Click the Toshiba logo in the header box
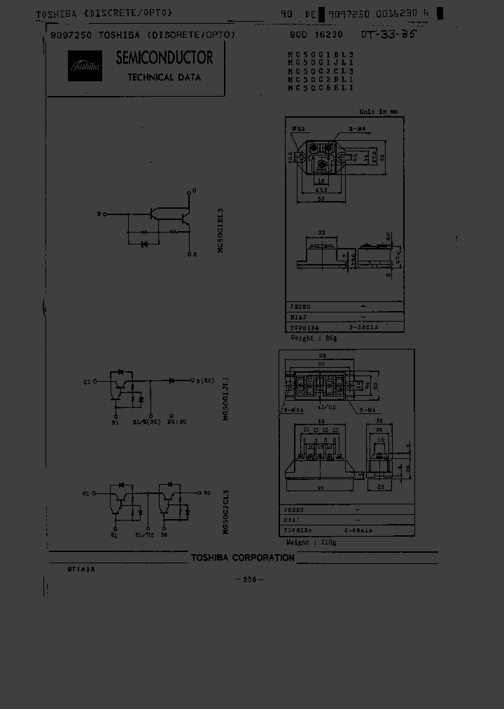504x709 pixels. coord(85,66)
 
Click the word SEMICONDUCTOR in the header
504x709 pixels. coord(164,57)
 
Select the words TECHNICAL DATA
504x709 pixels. coord(164,77)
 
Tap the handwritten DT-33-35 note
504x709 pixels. coord(388,34)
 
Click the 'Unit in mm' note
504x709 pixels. coord(378,111)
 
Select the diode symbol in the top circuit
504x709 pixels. coord(143,244)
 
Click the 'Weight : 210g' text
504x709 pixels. coord(312,543)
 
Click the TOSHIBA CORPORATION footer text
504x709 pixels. coord(243,558)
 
